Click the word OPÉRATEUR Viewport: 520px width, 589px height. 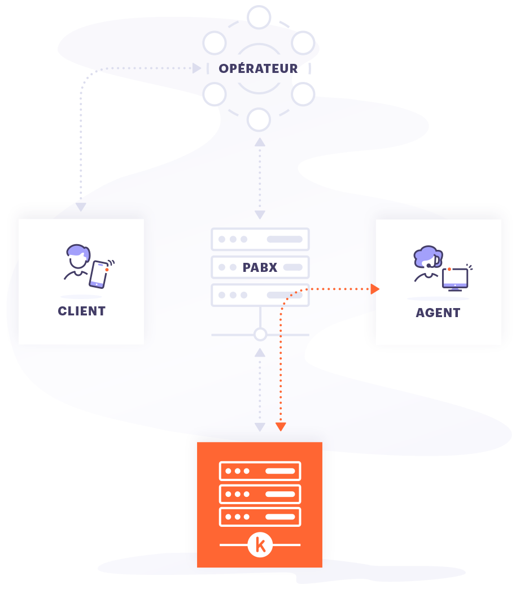click(258, 68)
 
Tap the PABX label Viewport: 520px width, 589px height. click(260, 267)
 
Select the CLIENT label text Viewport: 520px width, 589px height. click(81, 311)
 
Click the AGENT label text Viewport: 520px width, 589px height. click(438, 313)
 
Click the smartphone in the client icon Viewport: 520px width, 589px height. click(99, 274)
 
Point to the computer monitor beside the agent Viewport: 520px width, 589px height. click(455, 278)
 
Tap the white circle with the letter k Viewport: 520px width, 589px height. click(260, 545)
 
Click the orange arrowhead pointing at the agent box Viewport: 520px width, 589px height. click(374, 289)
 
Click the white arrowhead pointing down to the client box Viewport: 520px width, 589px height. click(81, 207)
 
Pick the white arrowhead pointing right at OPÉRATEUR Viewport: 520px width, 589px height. click(197, 68)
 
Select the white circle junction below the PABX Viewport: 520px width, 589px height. click(260, 335)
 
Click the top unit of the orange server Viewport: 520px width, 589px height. click(260, 471)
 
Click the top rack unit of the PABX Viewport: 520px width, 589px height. click(260, 239)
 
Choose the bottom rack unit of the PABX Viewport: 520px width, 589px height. click(260, 294)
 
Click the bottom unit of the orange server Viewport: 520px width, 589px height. click(260, 517)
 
